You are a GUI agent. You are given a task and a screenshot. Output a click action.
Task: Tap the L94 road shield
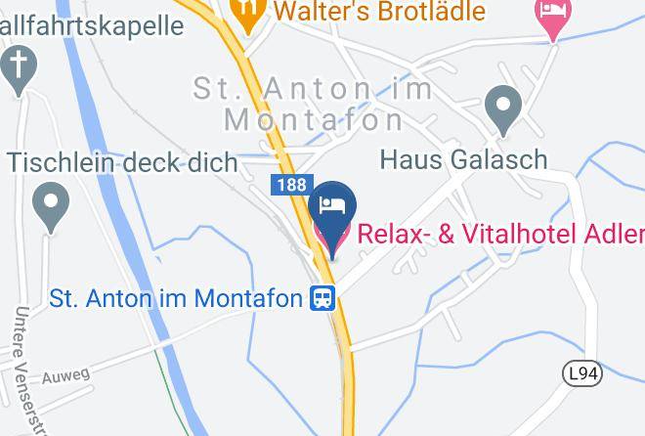[x=583, y=373]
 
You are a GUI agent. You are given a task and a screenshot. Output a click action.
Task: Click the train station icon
[x=322, y=297]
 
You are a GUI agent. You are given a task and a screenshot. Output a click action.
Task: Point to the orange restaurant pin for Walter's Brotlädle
[x=249, y=13]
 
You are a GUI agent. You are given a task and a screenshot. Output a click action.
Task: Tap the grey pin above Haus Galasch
[x=503, y=110]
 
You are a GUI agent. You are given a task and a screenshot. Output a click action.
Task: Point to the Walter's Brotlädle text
[x=379, y=12]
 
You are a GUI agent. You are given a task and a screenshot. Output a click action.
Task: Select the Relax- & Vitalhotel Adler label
[x=499, y=235]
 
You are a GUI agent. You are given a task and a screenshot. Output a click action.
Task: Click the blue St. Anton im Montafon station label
[x=176, y=297]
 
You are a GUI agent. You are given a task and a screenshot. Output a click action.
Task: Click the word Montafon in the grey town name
[x=313, y=119]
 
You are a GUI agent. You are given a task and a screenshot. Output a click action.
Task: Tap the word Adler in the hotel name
[x=617, y=235]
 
